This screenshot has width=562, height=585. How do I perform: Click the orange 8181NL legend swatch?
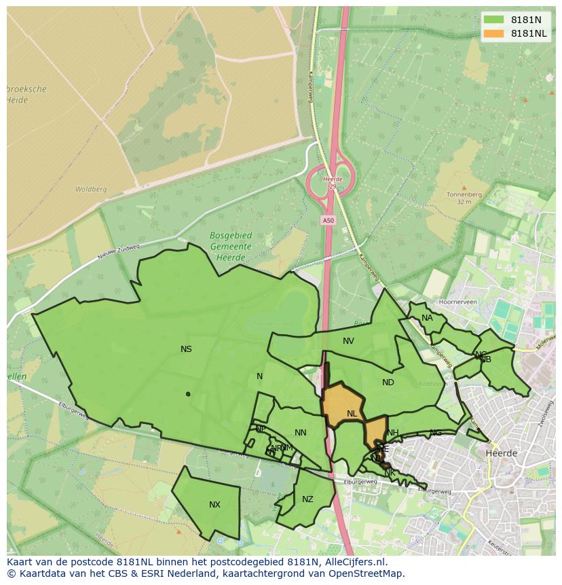(x=494, y=33)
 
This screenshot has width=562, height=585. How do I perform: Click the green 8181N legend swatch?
(x=494, y=19)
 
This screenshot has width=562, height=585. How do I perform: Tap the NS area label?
(x=186, y=349)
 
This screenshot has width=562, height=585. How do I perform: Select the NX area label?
(x=214, y=504)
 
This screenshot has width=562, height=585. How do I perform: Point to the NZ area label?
(x=307, y=499)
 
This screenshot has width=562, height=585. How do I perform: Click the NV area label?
(x=348, y=341)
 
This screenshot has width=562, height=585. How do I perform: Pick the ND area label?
(x=388, y=383)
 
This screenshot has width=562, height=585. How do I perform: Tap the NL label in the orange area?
(x=352, y=414)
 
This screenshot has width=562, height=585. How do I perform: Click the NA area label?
(x=427, y=318)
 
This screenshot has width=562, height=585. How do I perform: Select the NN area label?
(x=301, y=433)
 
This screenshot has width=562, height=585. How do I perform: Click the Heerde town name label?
(x=502, y=453)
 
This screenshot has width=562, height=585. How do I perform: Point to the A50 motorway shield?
(x=328, y=220)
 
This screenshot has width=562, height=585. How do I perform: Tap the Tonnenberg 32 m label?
(x=464, y=198)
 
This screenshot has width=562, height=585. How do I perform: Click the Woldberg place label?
(x=91, y=190)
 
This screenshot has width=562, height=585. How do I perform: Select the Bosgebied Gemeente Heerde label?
(x=231, y=247)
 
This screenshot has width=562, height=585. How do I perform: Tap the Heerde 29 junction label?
(x=333, y=183)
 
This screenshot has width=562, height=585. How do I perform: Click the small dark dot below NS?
(x=188, y=394)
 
